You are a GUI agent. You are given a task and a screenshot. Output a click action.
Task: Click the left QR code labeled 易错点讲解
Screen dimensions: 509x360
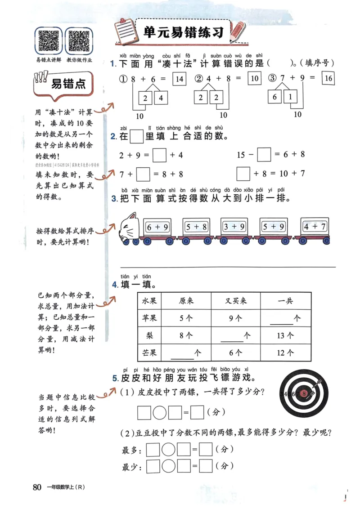(49, 40)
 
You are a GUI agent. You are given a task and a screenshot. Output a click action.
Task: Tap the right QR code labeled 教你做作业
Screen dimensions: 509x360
(79, 40)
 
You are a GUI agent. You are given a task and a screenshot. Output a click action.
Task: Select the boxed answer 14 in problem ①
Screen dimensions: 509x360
(179, 79)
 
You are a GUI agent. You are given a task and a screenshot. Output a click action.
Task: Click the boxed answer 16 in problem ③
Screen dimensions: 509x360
(328, 79)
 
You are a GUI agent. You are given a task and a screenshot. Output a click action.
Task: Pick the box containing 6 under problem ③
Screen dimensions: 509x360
(274, 97)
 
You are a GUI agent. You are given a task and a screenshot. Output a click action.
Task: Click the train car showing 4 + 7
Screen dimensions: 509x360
(315, 227)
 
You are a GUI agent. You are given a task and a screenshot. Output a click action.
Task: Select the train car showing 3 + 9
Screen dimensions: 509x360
(234, 227)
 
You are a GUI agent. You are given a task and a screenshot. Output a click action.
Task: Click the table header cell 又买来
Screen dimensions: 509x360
(236, 301)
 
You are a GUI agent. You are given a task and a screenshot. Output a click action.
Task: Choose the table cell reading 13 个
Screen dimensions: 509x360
(286, 335)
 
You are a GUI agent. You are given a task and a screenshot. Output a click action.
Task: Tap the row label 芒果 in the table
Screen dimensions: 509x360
(149, 353)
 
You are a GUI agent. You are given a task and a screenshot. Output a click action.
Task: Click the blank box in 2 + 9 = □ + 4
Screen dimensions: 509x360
(160, 156)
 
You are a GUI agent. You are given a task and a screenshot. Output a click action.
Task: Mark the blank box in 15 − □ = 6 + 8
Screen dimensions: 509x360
(264, 155)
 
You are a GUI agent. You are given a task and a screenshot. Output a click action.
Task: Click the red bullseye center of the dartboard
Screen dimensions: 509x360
(305, 393)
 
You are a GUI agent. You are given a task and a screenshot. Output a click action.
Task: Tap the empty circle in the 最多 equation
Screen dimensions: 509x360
(168, 450)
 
